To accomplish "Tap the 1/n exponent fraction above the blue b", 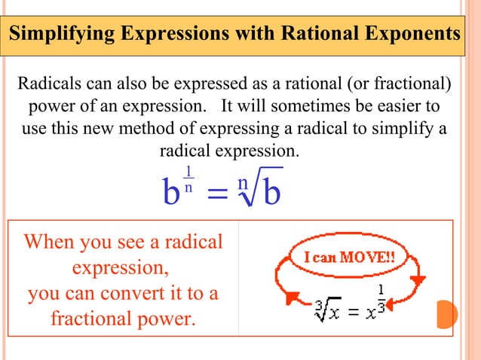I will pos(188,178).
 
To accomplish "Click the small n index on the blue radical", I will pos(241,183).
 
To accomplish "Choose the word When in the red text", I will pos(53,243).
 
